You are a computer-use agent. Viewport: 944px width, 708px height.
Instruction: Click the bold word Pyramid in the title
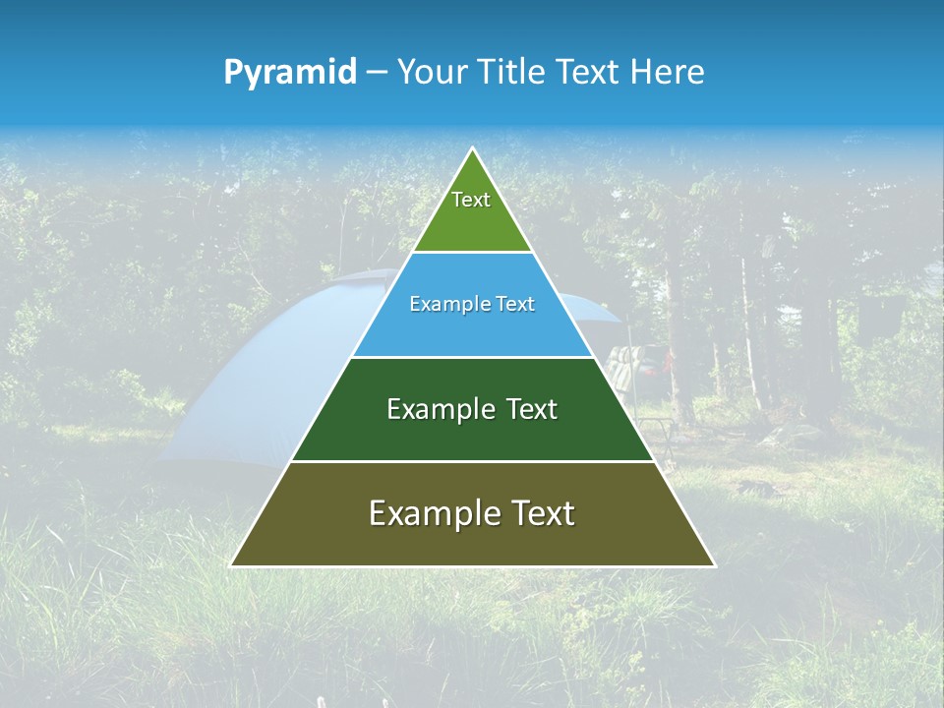point(289,73)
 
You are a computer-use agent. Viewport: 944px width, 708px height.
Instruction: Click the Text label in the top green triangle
point(471,200)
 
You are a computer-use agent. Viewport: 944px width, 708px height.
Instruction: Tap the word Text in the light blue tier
point(515,305)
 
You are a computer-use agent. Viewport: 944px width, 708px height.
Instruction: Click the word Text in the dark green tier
point(532,409)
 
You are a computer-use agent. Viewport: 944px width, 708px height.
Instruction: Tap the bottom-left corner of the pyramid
point(231,565)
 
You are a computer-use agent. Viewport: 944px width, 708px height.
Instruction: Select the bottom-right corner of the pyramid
point(714,565)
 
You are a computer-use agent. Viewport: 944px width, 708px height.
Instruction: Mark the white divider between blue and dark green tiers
point(473,357)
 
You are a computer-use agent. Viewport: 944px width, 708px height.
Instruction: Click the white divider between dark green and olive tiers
point(473,461)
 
